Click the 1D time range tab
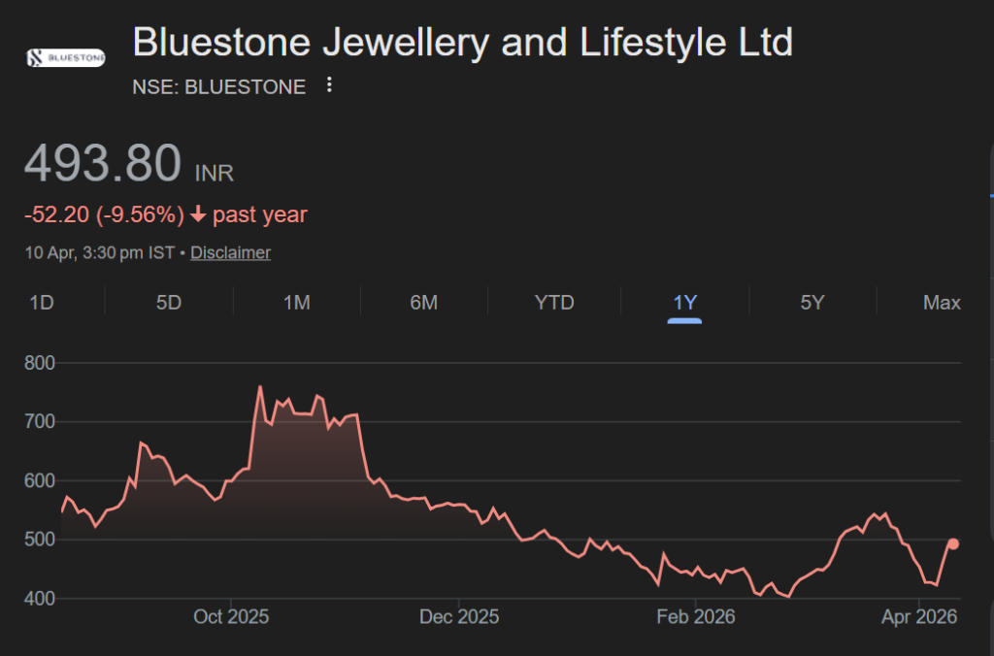click(x=41, y=303)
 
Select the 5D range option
click(x=169, y=303)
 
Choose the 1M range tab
click(x=296, y=303)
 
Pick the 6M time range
click(x=424, y=303)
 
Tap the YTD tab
click(x=554, y=303)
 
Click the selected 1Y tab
click(x=684, y=303)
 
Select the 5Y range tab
click(x=812, y=303)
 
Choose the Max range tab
click(x=942, y=303)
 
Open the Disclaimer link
click(x=230, y=252)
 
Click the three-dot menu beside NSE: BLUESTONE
click(x=329, y=85)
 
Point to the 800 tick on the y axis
click(x=40, y=363)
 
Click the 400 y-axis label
click(x=40, y=598)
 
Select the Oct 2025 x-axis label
click(x=231, y=617)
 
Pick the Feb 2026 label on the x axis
click(x=695, y=617)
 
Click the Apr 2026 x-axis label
click(x=917, y=617)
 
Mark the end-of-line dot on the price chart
click(x=953, y=544)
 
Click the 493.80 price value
click(x=103, y=163)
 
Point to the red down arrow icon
click(x=197, y=214)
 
